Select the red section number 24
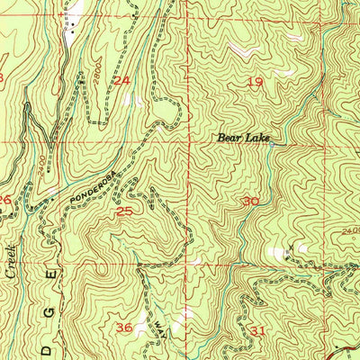tap(121, 81)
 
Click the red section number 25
tap(125, 211)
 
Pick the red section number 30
tap(251, 202)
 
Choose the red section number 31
tap(260, 330)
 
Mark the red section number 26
tap(4, 200)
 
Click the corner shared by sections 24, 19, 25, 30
tap(187, 142)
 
